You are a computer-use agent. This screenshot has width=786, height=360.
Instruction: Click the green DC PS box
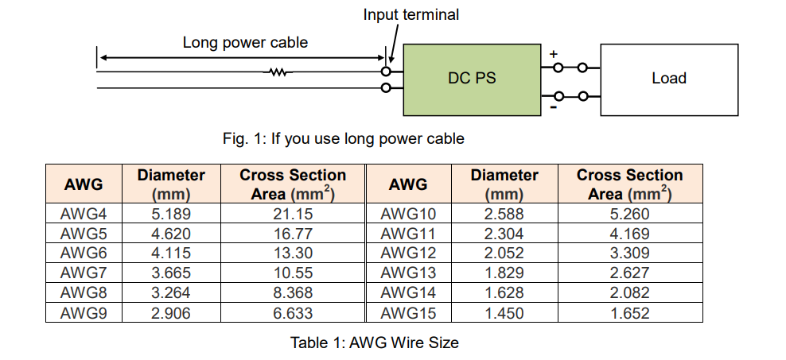[472, 79]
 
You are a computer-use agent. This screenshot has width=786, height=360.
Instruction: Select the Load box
[669, 79]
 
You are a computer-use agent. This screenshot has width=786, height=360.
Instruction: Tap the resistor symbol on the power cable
[278, 72]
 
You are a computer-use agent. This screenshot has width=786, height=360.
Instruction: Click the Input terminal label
[411, 14]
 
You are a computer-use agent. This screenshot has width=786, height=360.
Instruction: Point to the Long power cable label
[245, 43]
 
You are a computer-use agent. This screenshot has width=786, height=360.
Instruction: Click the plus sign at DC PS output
[554, 54]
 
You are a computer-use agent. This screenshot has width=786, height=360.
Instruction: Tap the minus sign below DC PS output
[554, 107]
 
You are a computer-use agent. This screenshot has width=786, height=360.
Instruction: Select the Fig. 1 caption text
[344, 138]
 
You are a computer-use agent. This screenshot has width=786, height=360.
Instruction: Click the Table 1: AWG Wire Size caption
[375, 343]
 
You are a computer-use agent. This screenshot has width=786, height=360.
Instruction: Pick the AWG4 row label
[84, 214]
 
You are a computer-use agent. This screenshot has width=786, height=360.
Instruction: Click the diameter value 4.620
[171, 234]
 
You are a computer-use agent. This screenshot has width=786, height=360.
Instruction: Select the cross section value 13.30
[293, 254]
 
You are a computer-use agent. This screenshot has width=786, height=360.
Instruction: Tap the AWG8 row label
[84, 292]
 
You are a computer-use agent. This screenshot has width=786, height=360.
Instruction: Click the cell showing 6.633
[293, 313]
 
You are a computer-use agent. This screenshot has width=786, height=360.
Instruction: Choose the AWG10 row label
[408, 214]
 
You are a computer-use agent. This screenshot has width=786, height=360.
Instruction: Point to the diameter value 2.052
[504, 254]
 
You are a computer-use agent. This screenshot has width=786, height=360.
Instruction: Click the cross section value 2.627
[629, 273]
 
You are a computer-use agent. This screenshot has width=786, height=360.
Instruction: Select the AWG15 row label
[408, 313]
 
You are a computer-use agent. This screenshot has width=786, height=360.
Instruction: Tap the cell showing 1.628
[504, 292]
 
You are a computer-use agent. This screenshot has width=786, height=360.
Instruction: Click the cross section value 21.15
[293, 214]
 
